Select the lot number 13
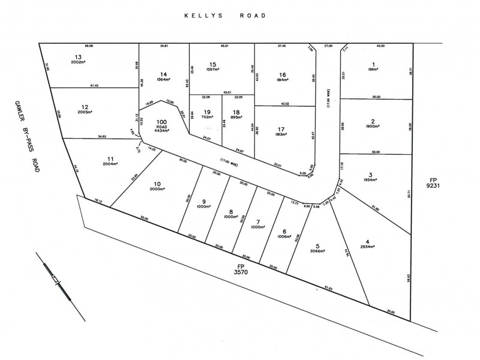tap(78, 55)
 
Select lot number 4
tap(367, 242)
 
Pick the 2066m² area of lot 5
tap(317, 251)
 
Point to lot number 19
tap(208, 112)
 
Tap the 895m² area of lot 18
tap(236, 117)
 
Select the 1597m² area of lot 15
tap(213, 70)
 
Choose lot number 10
tap(158, 184)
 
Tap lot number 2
tap(373, 121)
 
